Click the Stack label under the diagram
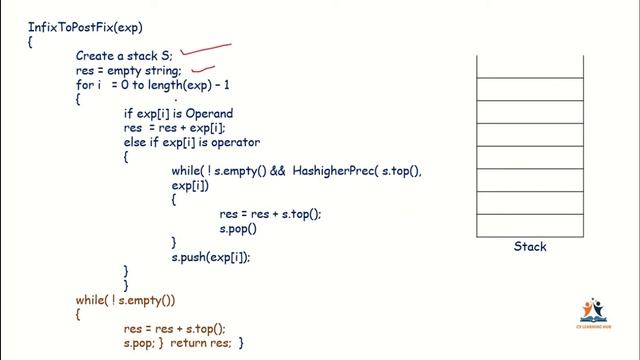(x=530, y=247)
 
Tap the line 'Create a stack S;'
(x=124, y=56)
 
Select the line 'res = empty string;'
(x=128, y=71)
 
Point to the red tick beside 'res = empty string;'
(x=204, y=71)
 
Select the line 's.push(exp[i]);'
(x=211, y=257)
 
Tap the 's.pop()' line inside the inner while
(x=238, y=228)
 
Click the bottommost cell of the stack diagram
(x=529, y=224)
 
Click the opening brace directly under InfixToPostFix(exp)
(x=32, y=42)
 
